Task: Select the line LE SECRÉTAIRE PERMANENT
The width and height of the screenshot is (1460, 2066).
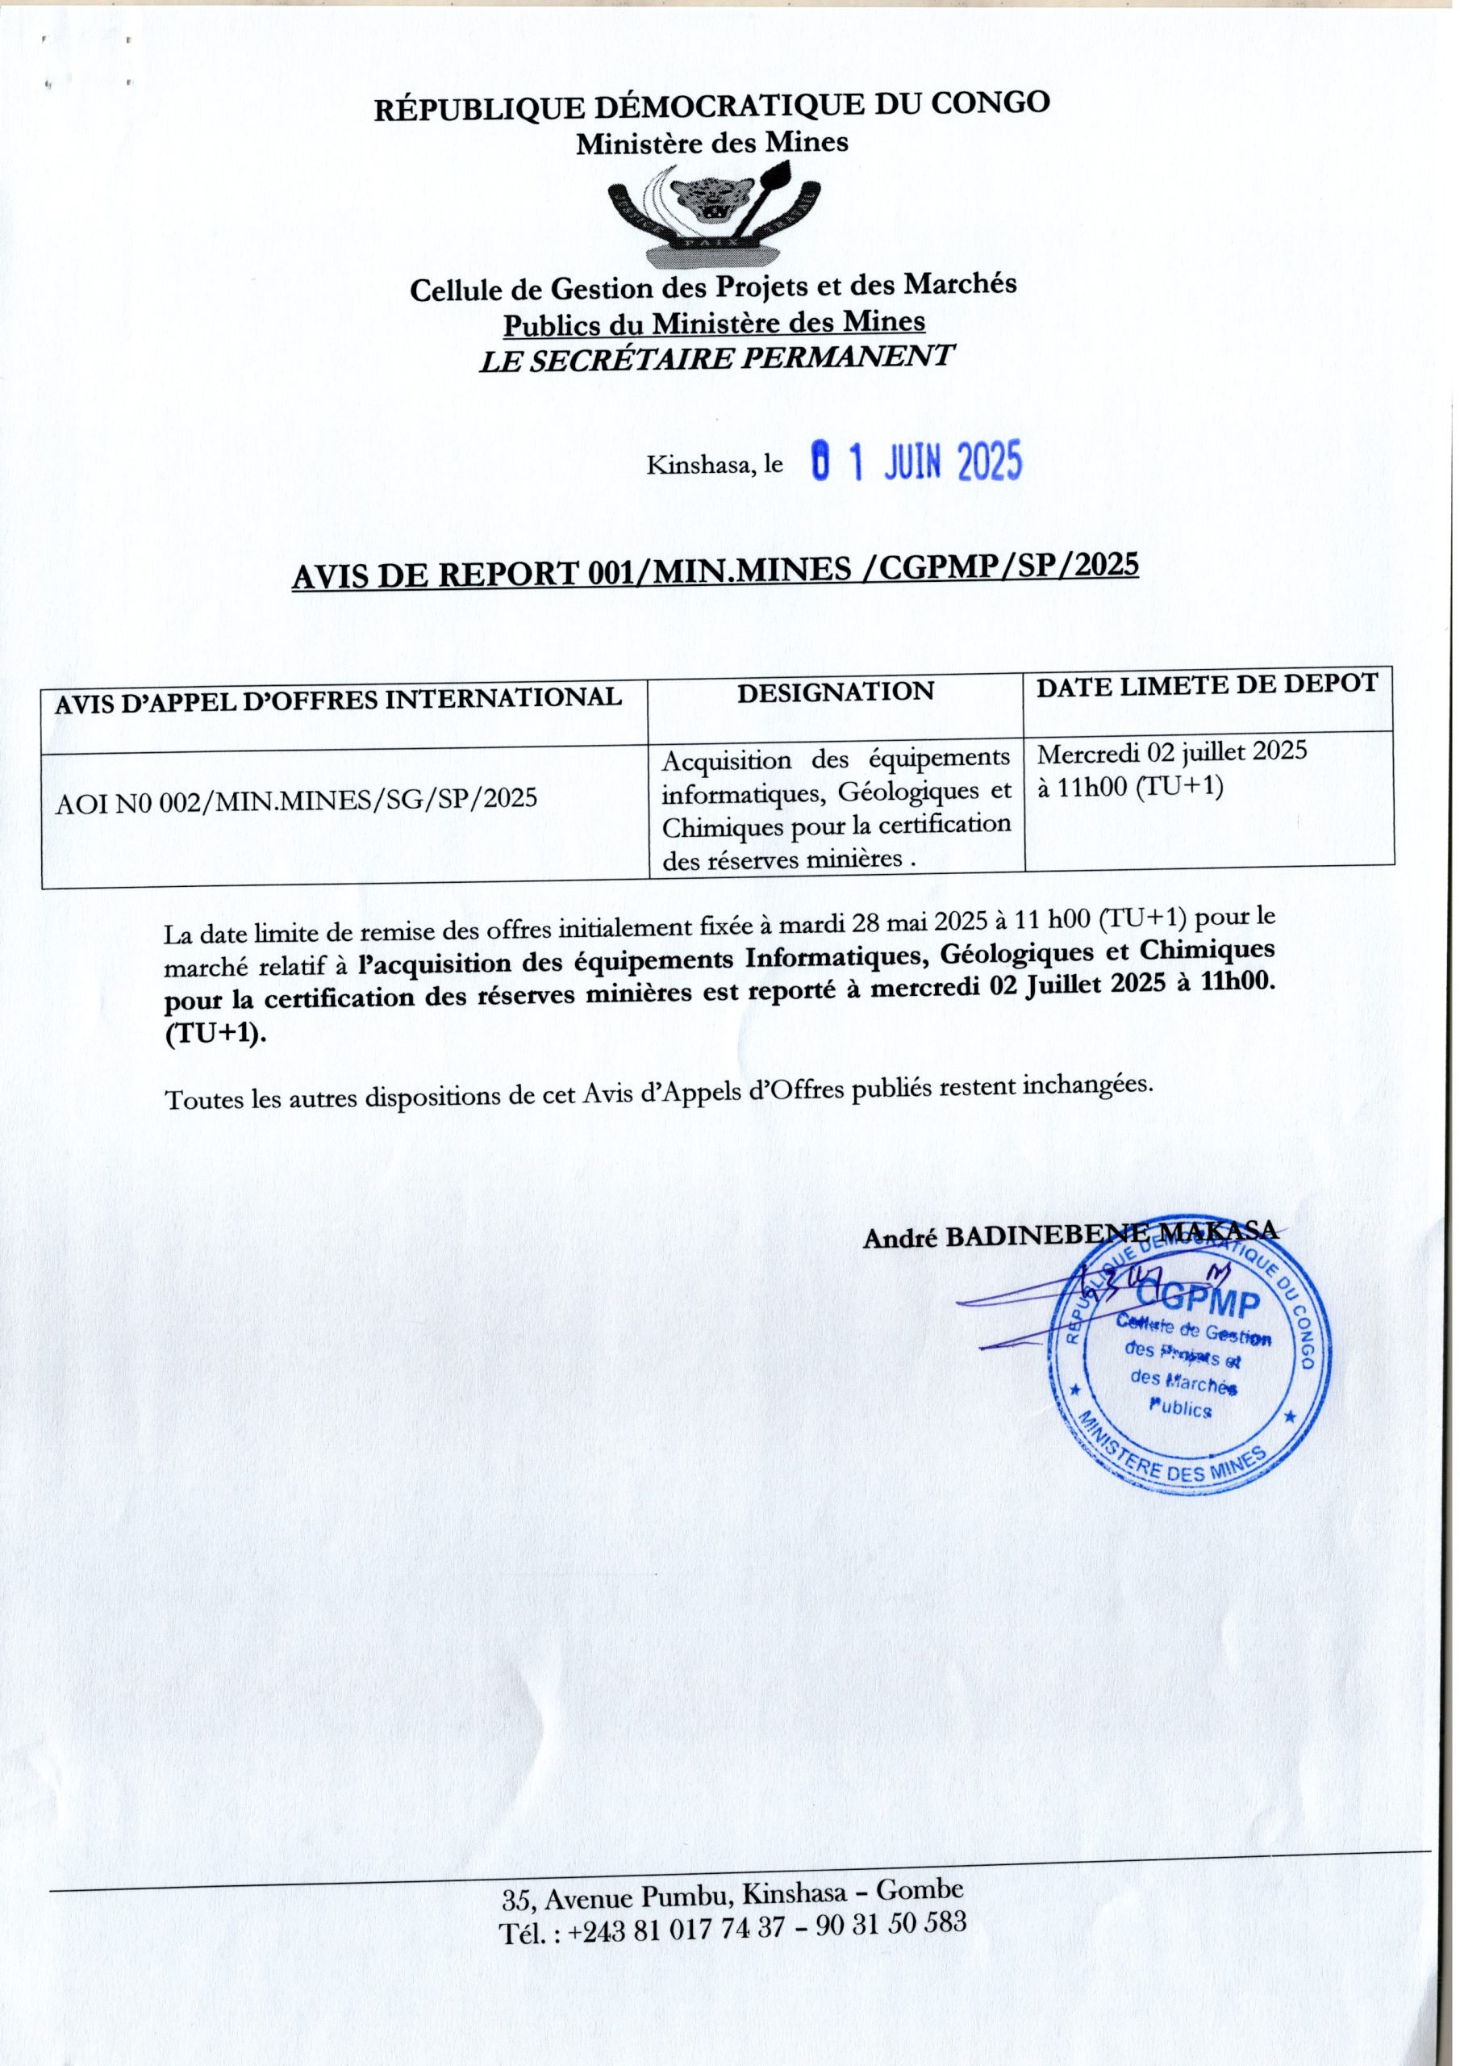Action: [715, 358]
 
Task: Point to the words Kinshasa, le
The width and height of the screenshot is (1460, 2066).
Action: [714, 465]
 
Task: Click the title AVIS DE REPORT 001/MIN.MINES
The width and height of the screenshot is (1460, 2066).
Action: [715, 572]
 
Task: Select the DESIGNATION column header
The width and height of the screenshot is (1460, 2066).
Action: [836, 691]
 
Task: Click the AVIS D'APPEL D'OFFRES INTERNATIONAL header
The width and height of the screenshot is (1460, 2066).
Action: [338, 699]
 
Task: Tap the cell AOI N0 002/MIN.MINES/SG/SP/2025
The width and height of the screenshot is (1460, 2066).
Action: [296, 798]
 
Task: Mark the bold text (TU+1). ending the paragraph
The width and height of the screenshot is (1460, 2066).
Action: [216, 1034]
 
